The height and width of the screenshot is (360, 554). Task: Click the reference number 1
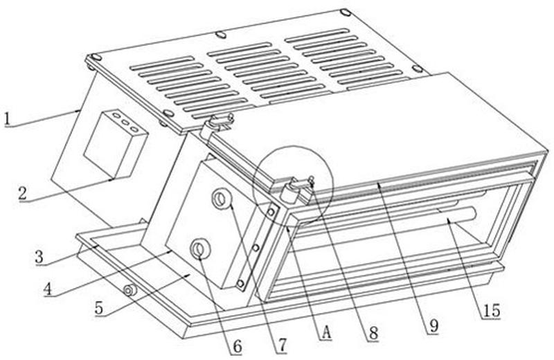(8, 119)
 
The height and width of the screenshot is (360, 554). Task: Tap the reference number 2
(23, 194)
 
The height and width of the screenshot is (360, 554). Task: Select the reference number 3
(39, 257)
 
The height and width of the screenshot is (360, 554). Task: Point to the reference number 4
(48, 289)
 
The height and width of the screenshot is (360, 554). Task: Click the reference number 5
(99, 307)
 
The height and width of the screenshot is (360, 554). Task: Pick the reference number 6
(237, 347)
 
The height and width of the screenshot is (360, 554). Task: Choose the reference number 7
(282, 345)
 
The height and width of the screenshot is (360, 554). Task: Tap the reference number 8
(373, 332)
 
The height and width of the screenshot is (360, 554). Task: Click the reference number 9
(434, 326)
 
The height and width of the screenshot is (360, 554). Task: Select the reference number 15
(492, 311)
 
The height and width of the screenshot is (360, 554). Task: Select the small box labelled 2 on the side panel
(116, 144)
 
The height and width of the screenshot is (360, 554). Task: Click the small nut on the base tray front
(129, 290)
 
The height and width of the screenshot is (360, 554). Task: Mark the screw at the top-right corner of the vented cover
(346, 12)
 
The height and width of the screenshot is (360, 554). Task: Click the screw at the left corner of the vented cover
(95, 57)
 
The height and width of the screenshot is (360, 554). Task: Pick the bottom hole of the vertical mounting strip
(240, 284)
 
